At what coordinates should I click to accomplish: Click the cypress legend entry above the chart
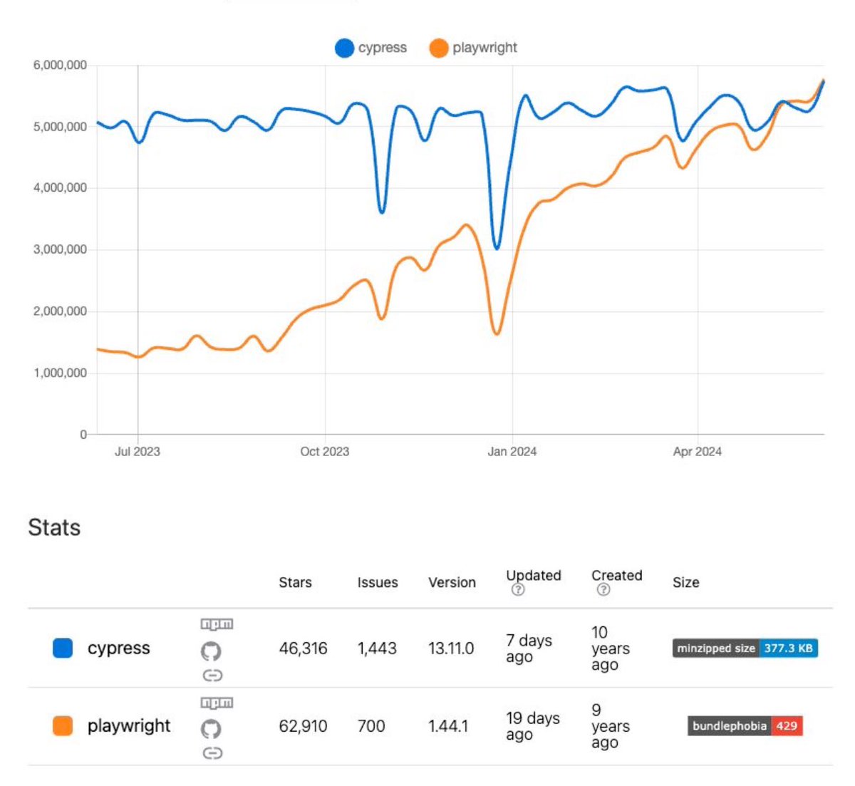[x=371, y=48]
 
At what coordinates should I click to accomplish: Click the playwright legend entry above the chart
[x=473, y=48]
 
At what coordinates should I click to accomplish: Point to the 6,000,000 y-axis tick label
[x=60, y=65]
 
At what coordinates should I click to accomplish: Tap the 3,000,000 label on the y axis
[x=60, y=249]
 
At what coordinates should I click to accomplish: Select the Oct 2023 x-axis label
[x=324, y=451]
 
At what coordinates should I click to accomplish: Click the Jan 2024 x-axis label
[x=512, y=451]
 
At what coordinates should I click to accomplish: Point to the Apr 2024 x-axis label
[x=697, y=451]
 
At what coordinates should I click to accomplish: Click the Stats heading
[x=54, y=527]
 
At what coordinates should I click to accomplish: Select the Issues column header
[x=378, y=582]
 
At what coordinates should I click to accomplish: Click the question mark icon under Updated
[x=518, y=589]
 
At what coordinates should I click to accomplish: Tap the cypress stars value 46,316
[x=303, y=648]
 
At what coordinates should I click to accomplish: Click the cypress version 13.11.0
[x=451, y=648]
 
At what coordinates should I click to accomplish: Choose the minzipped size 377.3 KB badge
[x=745, y=648]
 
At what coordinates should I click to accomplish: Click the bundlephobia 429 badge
[x=745, y=726]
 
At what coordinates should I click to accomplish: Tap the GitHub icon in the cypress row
[x=211, y=651]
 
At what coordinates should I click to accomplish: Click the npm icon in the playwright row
[x=217, y=703]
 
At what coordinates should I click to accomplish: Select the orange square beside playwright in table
[x=63, y=726]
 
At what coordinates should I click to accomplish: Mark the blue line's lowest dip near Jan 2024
[x=497, y=247]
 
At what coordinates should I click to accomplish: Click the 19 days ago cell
[x=532, y=726]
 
